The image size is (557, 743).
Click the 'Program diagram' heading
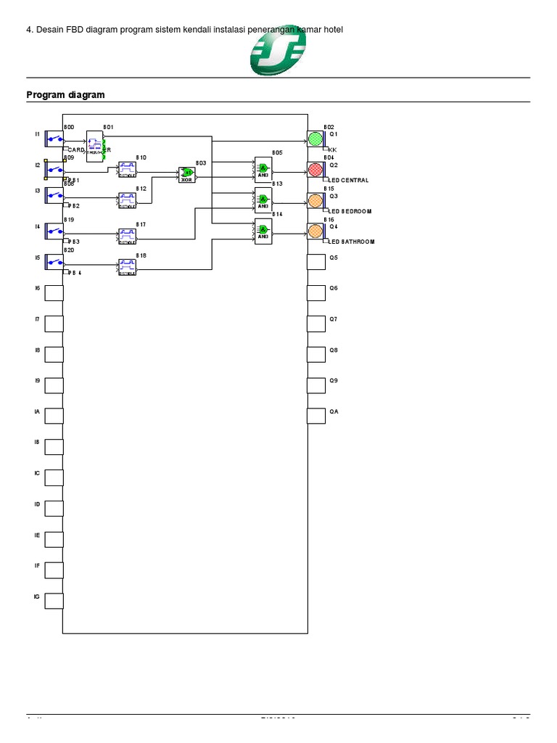tap(65, 95)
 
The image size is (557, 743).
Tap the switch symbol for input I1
tap(54, 138)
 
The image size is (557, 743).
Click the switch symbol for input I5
tap(54, 262)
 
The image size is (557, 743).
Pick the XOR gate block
tap(186, 173)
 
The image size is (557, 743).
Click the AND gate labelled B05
tap(263, 168)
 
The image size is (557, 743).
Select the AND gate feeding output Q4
tap(263, 231)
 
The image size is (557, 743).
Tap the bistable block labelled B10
tap(128, 170)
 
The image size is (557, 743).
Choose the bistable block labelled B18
tap(128, 267)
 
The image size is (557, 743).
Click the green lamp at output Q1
tap(315, 139)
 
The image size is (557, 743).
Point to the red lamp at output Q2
tap(315, 169)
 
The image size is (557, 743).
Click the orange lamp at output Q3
tap(315, 200)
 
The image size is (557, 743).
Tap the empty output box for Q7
tap(315, 324)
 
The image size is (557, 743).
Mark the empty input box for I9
tap(54, 385)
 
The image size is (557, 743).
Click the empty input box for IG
tap(54, 601)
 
